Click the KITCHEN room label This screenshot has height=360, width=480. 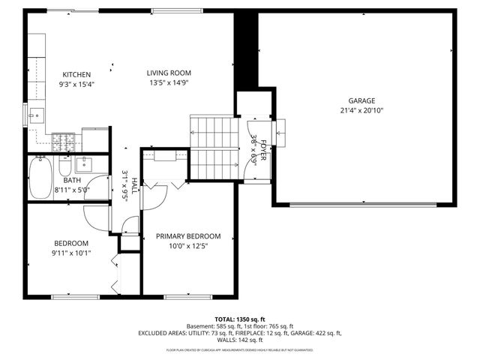(x=76, y=74)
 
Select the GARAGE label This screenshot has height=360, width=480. (x=361, y=100)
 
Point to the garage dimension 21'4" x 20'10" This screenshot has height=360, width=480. (x=361, y=110)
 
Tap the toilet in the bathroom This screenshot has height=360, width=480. (x=65, y=163)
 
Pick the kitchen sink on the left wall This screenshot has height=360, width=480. (x=34, y=115)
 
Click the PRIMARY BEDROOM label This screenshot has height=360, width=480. (x=188, y=236)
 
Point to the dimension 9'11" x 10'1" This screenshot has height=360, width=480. (x=71, y=253)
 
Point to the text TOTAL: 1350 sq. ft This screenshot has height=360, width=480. (x=240, y=319)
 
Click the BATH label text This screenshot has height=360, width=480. (x=72, y=180)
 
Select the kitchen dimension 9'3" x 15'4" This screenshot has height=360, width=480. (x=76, y=84)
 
